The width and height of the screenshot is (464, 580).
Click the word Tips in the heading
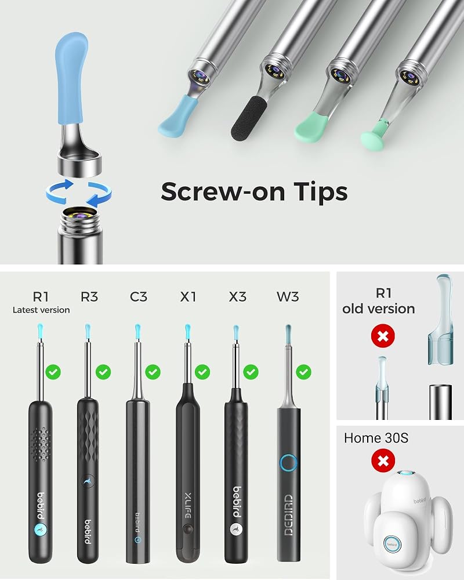321,191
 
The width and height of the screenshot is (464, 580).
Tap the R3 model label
89,296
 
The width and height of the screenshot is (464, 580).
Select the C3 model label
139,296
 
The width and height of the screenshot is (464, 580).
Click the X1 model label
188,296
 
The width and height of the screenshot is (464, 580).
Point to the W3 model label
288,296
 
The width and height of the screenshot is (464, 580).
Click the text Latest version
41,310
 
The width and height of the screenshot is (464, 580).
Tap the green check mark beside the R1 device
53,372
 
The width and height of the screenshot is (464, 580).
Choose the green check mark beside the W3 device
304,372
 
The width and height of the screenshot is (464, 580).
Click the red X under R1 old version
383,336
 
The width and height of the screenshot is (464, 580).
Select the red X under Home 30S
383,461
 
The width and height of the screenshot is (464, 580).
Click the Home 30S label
376,438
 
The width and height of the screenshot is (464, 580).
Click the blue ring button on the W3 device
289,463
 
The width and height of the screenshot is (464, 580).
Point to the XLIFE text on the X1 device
187,505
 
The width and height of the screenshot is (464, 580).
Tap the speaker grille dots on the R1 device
41,444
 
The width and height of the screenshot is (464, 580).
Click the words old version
379,309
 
